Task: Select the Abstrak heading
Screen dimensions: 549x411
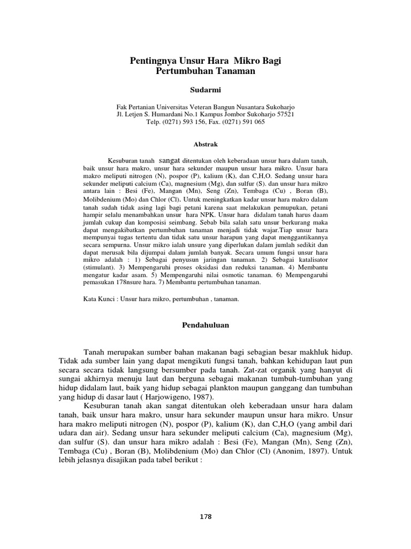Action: click(x=205, y=145)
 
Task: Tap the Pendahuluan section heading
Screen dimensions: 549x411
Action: click(x=205, y=325)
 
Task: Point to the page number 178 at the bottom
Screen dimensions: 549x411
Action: click(x=205, y=517)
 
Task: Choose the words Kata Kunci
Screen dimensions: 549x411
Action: click(x=97, y=300)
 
